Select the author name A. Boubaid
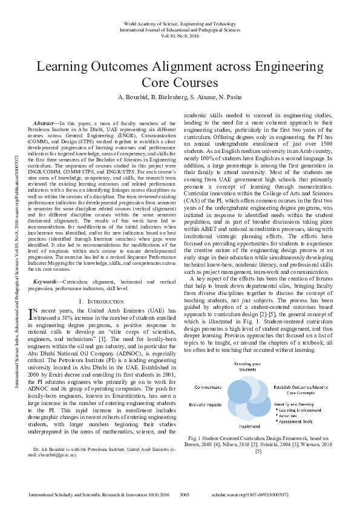click(x=136, y=97)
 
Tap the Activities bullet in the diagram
click(x=293, y=415)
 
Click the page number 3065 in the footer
click(x=185, y=494)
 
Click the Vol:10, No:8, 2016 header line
click(x=180, y=35)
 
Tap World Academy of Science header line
click(x=180, y=22)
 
